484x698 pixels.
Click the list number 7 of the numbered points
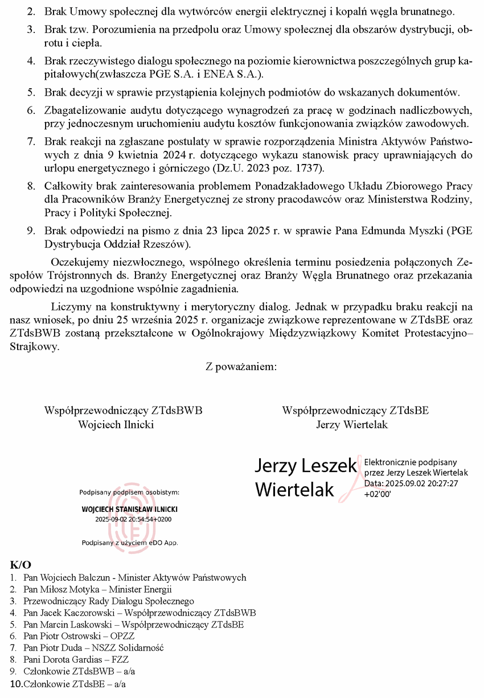tap(31, 141)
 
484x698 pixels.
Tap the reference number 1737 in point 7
tap(308, 169)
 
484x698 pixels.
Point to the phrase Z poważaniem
tap(241, 367)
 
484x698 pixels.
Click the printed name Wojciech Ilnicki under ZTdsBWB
tap(116, 424)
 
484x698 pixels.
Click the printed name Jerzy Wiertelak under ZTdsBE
tap(351, 424)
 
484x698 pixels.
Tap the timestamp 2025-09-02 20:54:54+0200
tap(133, 519)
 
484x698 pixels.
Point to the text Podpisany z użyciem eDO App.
tap(130, 543)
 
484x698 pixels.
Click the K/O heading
tap(20, 565)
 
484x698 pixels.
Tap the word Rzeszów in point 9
tap(169, 244)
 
